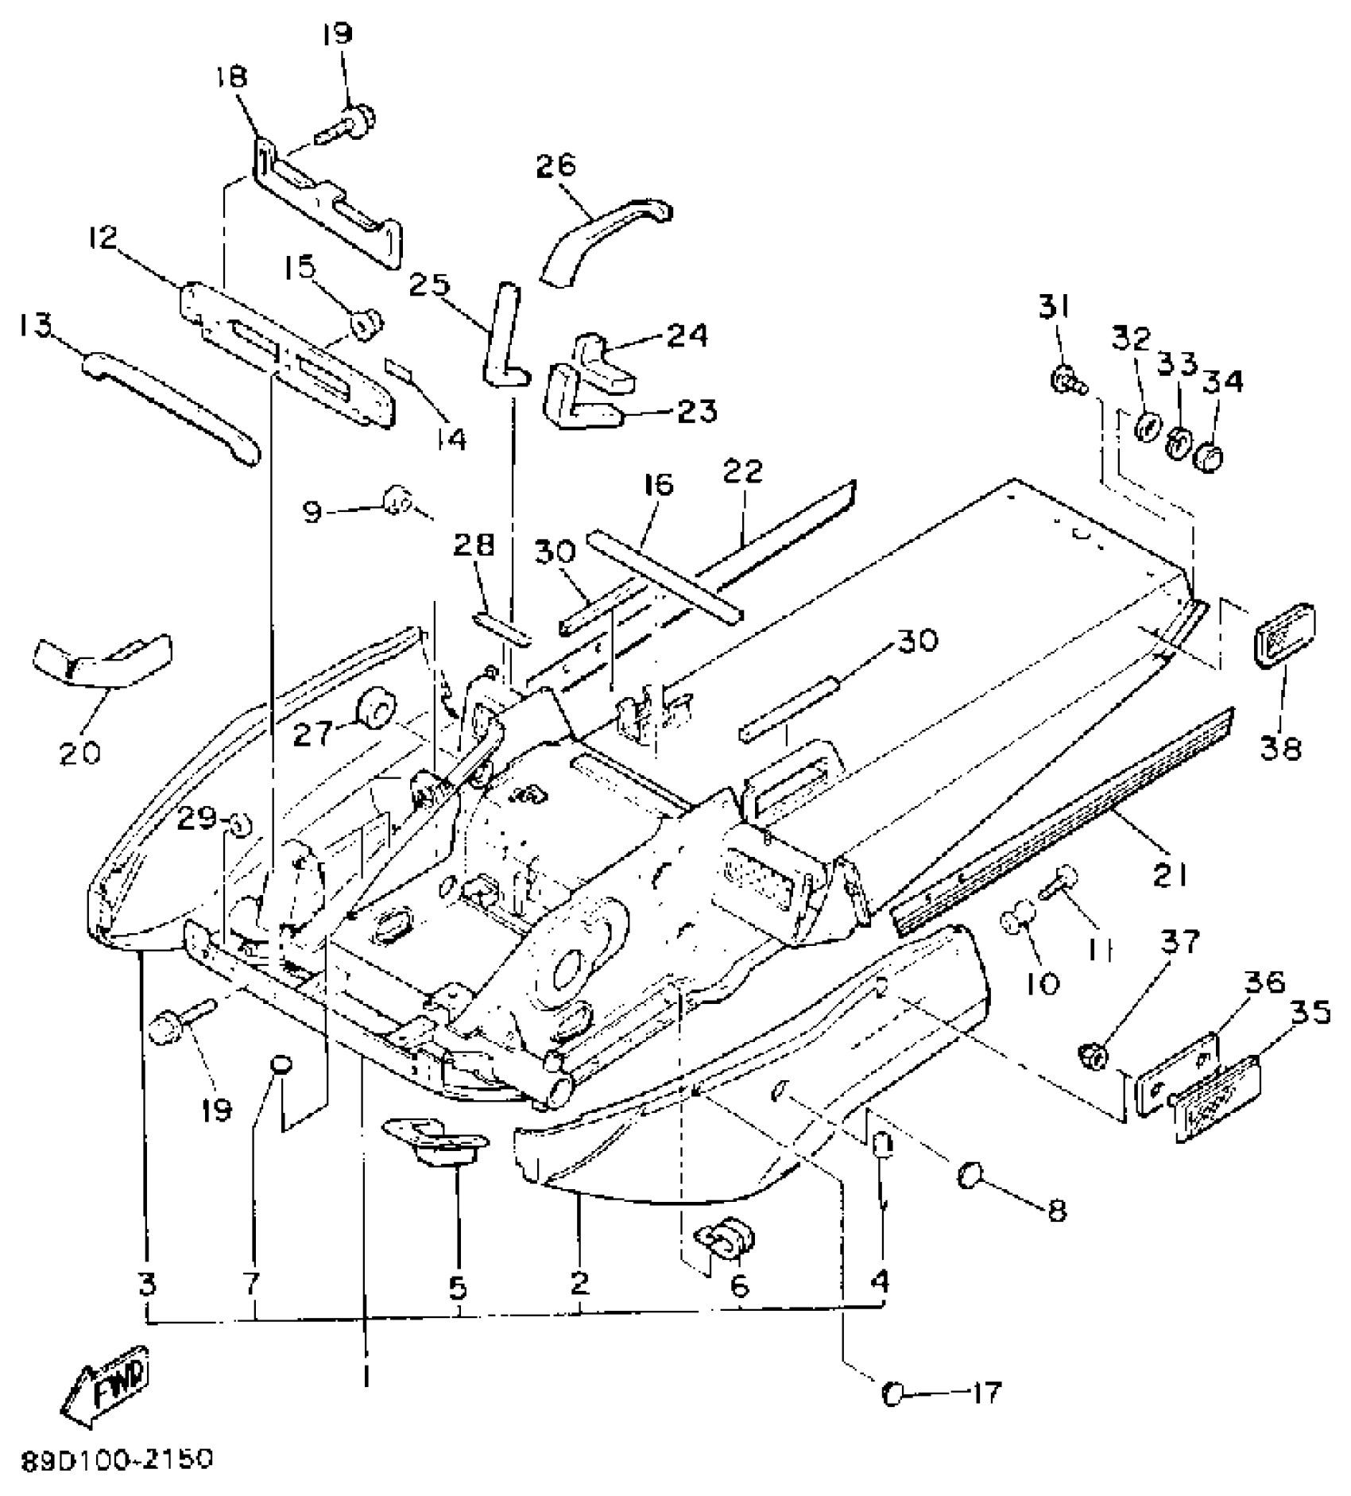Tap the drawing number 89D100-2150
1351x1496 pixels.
(x=118, y=1459)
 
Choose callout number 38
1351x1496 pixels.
(x=1279, y=746)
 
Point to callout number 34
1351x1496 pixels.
(x=1222, y=382)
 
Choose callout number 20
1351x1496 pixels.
(x=80, y=751)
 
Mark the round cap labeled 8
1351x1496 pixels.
(x=970, y=1175)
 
